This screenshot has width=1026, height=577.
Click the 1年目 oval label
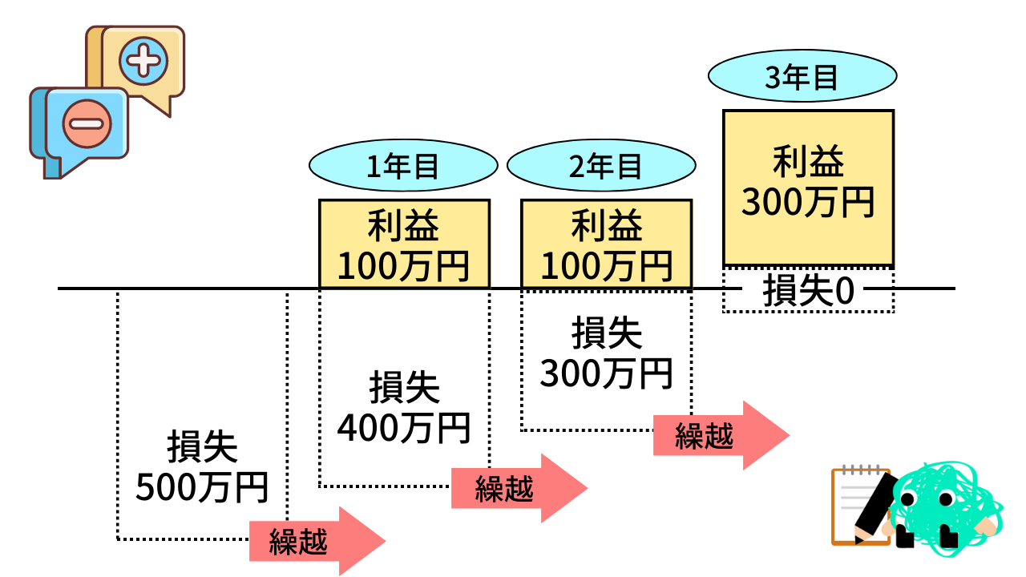click(x=403, y=166)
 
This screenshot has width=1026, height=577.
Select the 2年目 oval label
click(x=601, y=166)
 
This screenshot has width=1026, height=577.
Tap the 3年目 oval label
click(x=802, y=78)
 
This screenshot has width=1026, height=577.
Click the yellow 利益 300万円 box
click(x=808, y=188)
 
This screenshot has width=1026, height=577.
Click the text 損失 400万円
click(x=404, y=408)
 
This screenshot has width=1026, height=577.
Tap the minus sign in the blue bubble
click(x=85, y=124)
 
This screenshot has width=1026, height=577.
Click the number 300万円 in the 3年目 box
click(x=808, y=202)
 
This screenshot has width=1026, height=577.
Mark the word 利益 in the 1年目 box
click(x=404, y=228)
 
